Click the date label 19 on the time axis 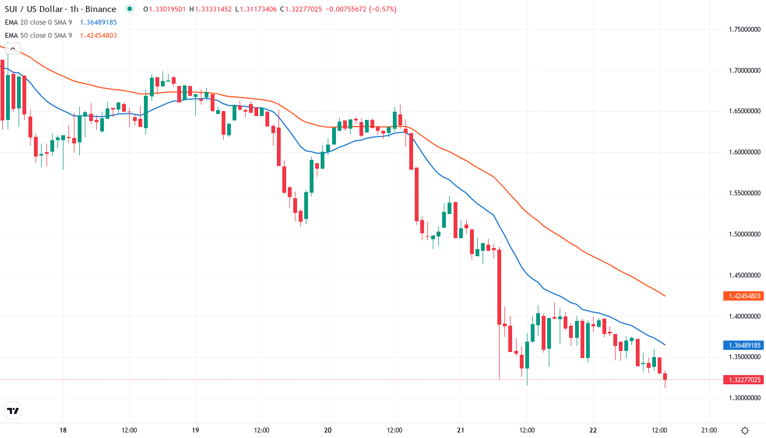(x=196, y=430)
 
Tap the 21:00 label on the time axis (x=709, y=430)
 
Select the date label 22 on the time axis (x=593, y=430)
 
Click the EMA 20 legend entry (x=38, y=22)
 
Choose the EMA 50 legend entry (x=38, y=36)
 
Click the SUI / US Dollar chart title (x=60, y=9)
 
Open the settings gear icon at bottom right (x=745, y=430)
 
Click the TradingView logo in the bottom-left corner (x=13, y=411)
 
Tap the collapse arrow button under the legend (x=13, y=48)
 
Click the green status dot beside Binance (x=129, y=9)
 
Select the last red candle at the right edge (x=665, y=377)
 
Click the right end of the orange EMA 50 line (x=665, y=296)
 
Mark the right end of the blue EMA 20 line (x=665, y=345)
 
